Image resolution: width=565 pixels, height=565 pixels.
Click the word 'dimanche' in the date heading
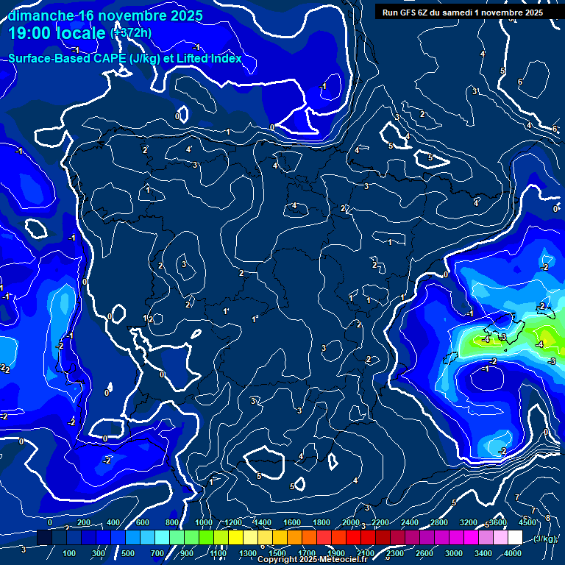pos(40,15)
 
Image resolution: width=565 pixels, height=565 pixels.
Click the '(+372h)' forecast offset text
pos(131,32)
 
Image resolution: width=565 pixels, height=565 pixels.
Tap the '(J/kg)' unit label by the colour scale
pos(545,539)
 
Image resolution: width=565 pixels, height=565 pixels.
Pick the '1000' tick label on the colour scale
pos(204,522)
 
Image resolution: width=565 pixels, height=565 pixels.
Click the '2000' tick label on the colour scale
pos(351,522)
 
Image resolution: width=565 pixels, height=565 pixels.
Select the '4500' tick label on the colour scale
pos(527,522)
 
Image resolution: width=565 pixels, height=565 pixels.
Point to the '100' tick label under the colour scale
pos(69,553)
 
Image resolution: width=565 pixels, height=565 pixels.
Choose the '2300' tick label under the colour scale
pos(394,553)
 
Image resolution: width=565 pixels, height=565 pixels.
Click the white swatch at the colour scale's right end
pos(515,539)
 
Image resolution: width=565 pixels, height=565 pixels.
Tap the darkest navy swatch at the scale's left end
pos(44,539)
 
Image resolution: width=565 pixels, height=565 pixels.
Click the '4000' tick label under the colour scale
pos(513,553)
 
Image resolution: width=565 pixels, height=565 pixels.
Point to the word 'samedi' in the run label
pos(471,13)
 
